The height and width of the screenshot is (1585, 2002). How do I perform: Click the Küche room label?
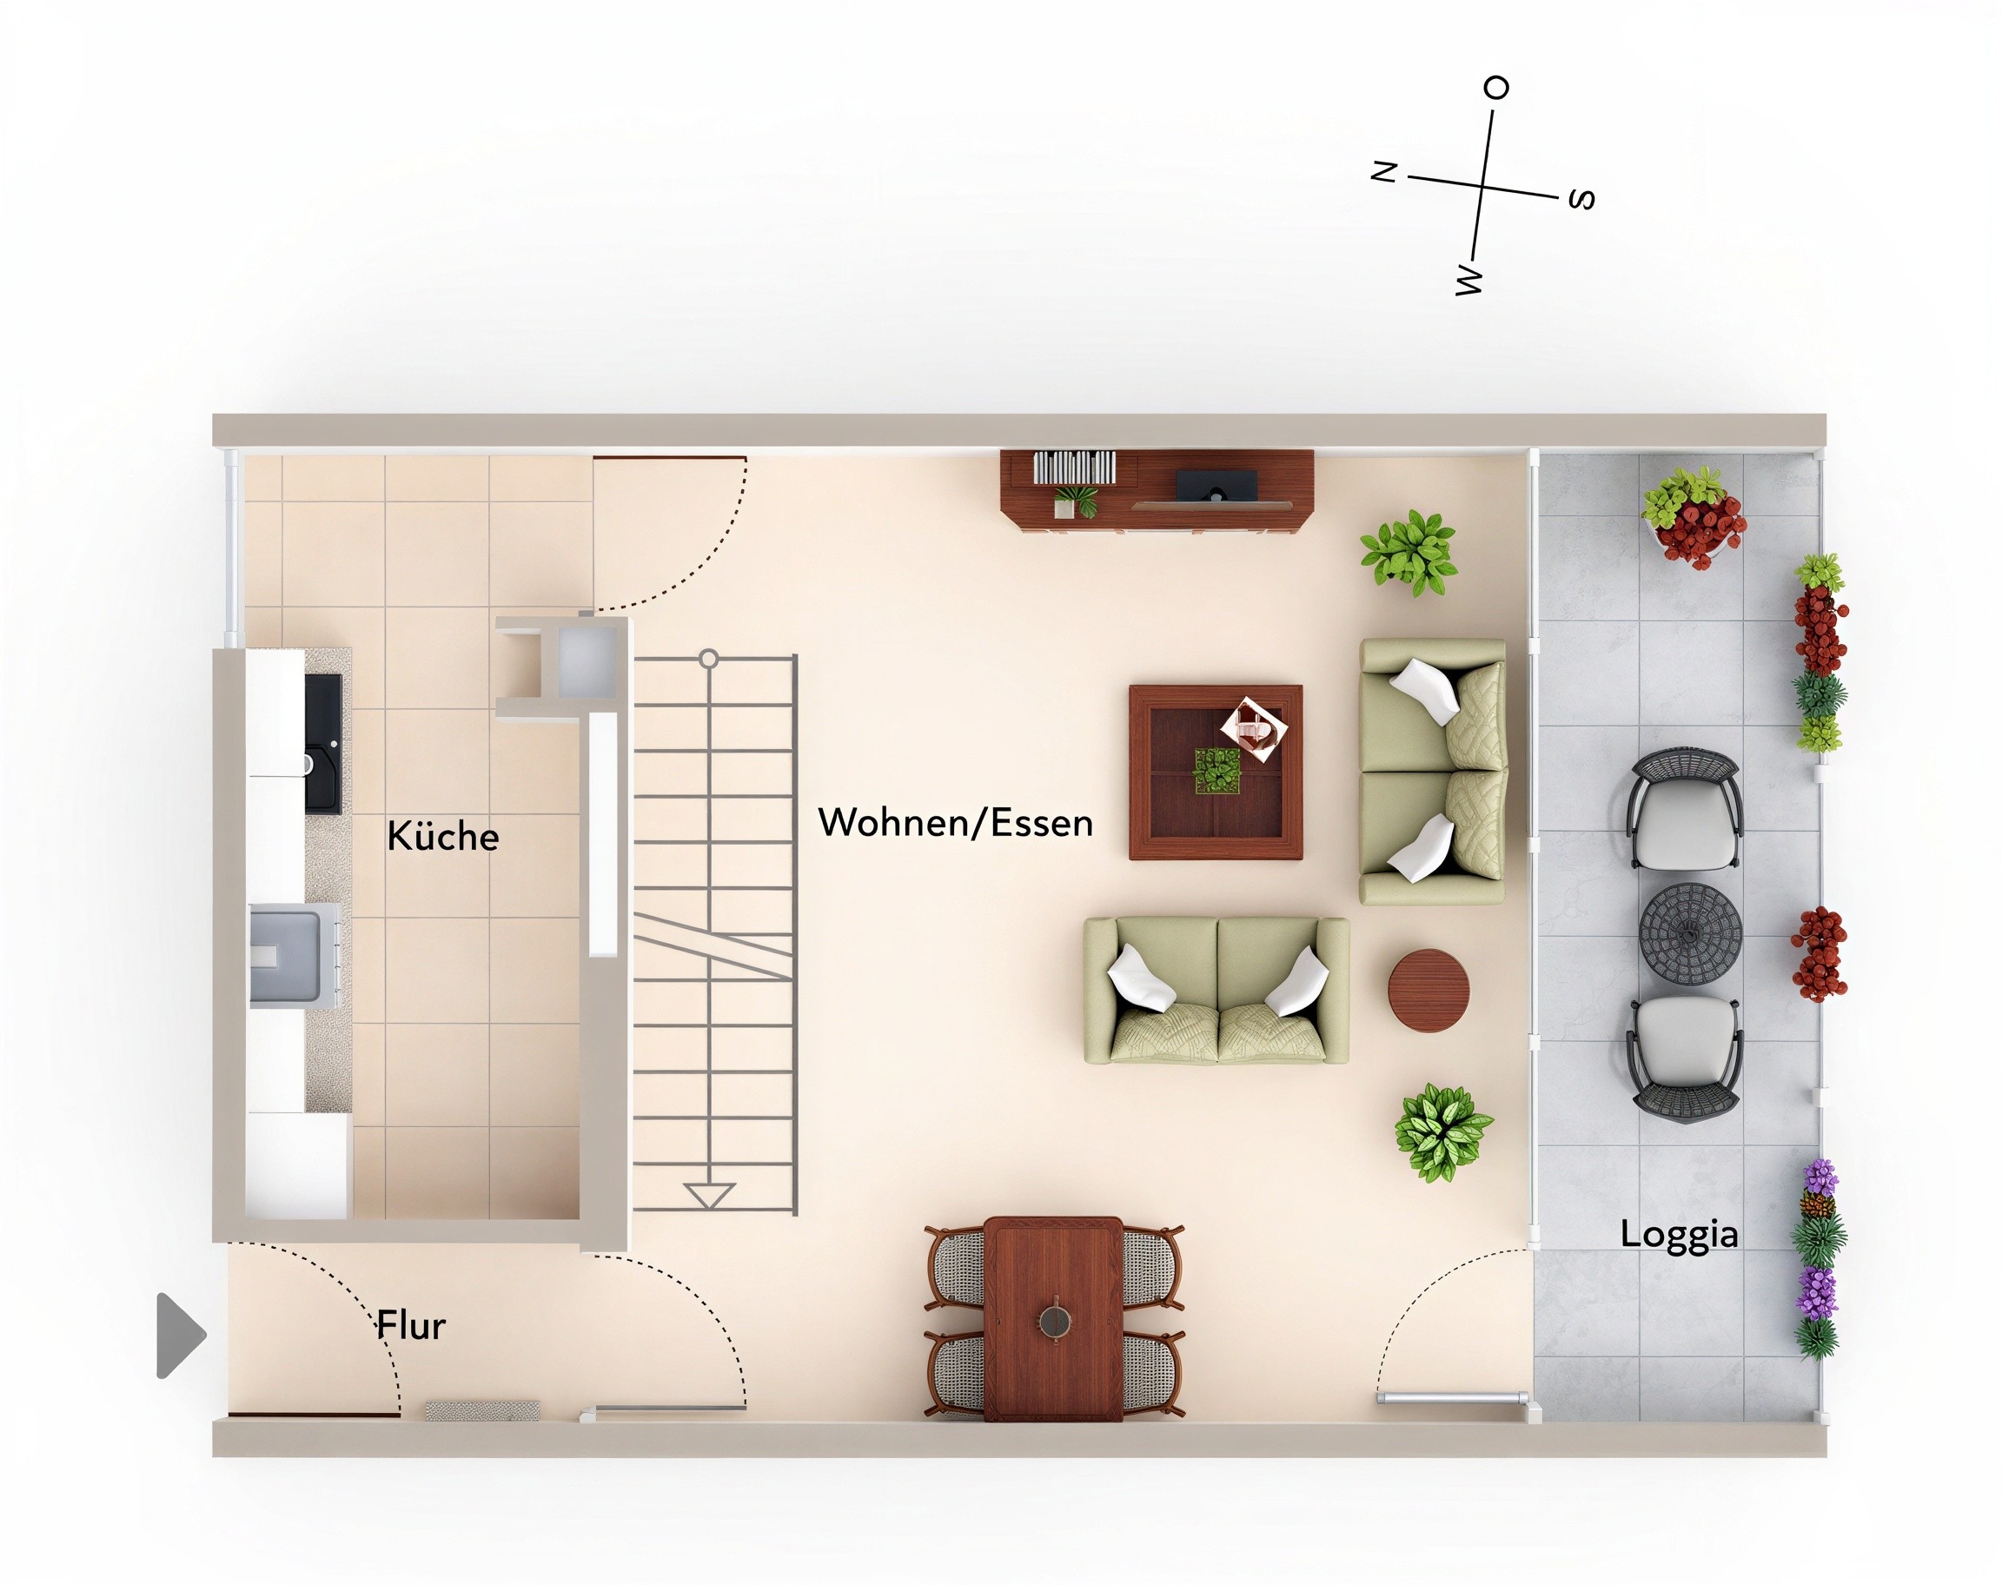coord(442,835)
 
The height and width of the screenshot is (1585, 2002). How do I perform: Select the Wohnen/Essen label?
coord(956,823)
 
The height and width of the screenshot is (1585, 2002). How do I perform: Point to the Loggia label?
coord(1679,1235)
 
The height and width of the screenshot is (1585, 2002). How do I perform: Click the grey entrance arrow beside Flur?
coord(180,1336)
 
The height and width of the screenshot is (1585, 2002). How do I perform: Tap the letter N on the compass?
coord(1384,172)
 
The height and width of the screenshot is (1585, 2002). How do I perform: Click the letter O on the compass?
coord(1496,88)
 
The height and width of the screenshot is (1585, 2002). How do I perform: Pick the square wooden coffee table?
coord(1216,773)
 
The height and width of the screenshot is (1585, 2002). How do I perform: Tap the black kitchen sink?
coord(323,743)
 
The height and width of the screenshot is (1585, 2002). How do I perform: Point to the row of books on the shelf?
coord(1074,467)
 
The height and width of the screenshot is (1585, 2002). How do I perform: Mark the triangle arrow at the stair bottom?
coord(709,1195)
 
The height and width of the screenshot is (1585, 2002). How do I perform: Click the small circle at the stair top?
coord(709,659)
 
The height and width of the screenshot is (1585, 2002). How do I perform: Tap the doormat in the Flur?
coord(482,1410)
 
